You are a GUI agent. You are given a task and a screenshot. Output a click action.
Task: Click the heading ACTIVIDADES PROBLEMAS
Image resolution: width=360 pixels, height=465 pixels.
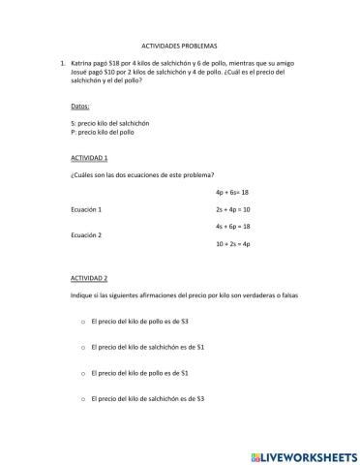click(179, 46)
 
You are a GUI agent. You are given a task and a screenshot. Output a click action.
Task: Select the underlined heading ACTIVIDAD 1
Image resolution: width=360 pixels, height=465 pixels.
click(89, 156)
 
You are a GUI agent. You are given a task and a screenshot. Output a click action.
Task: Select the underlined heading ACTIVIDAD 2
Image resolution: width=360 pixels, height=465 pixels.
click(89, 277)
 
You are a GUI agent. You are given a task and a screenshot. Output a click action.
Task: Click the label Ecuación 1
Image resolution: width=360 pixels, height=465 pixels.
click(87, 208)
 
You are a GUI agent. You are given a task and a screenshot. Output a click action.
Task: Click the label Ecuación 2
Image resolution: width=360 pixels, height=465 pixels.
click(87, 233)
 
